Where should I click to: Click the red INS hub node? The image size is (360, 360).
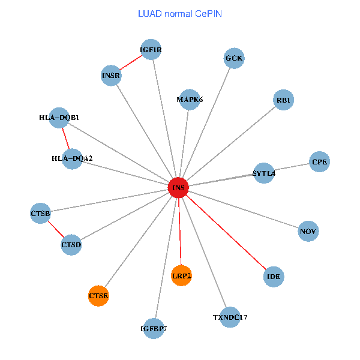click(x=178, y=188)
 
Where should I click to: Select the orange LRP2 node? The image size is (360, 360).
click(x=181, y=275)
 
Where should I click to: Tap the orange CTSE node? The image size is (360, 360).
click(x=98, y=295)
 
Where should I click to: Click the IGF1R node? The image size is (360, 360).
click(x=151, y=50)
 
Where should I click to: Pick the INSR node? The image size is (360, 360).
click(x=111, y=76)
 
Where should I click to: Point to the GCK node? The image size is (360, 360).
click(x=234, y=58)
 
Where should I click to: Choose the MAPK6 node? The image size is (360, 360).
click(x=190, y=99)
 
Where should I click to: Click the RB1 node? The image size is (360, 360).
click(x=283, y=100)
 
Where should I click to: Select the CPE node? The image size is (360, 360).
click(x=319, y=162)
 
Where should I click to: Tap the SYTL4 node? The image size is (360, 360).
click(x=264, y=173)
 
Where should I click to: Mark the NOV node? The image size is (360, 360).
click(x=308, y=231)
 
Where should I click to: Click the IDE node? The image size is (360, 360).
click(x=274, y=277)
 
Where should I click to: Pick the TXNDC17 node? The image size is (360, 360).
click(x=230, y=317)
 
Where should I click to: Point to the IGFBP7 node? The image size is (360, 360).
click(x=154, y=328)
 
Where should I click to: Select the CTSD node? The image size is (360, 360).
click(x=71, y=245)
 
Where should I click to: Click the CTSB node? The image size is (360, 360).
click(x=40, y=213)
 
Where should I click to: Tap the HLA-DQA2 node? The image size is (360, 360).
click(x=72, y=158)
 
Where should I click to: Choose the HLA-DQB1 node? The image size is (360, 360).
click(x=59, y=118)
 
